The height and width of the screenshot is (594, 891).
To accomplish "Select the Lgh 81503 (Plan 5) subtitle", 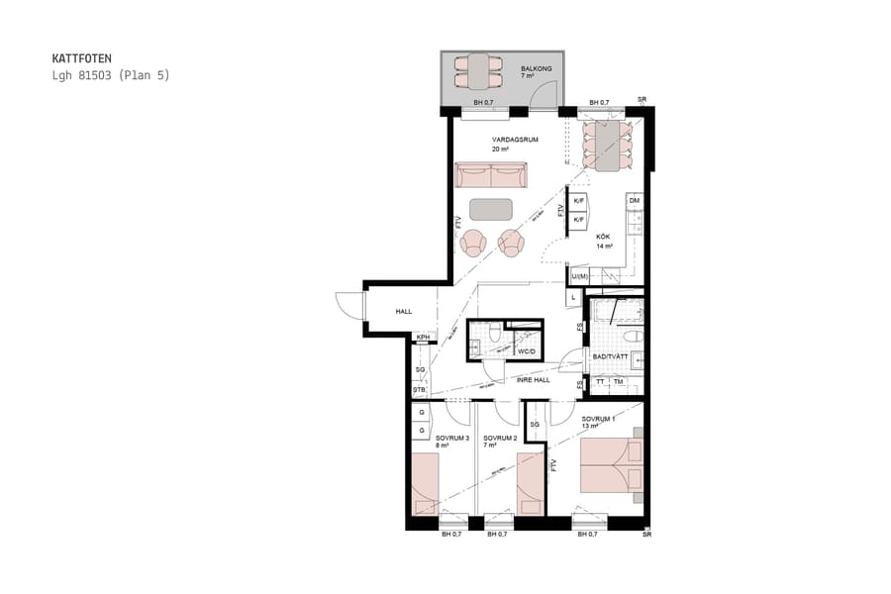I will coord(110,75).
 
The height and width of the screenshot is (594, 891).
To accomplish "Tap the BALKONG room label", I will coord(536,69).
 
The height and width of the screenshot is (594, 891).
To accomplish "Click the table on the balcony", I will coord(480,72).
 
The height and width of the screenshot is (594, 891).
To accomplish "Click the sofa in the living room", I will coord(491,175).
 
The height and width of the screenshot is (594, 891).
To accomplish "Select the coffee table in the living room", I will coord(491,209).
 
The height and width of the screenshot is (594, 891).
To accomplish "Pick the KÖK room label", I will coord(603,237).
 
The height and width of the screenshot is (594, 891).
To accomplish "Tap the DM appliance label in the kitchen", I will coord(635,201).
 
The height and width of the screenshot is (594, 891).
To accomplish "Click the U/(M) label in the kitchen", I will coord(579,275).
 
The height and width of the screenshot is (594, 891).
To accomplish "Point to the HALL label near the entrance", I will coord(404,312).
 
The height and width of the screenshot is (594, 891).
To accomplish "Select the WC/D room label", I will coord(527,350).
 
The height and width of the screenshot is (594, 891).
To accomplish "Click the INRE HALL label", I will coord(533,379).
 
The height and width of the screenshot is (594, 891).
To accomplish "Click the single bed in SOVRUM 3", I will coord(425,484).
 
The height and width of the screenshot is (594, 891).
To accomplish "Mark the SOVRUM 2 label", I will coord(500,437).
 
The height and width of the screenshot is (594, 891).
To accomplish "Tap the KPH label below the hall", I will coord(423,338).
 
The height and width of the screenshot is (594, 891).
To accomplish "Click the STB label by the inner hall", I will coord(420,389).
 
